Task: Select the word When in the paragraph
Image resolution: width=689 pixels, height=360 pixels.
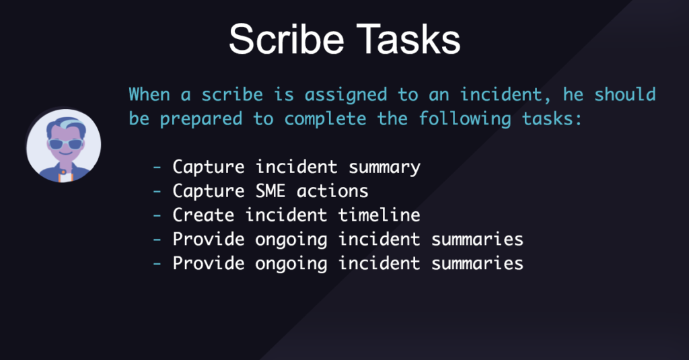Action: (149, 94)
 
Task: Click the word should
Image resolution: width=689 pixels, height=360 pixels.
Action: (625, 94)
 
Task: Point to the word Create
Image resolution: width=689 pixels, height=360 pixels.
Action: (203, 215)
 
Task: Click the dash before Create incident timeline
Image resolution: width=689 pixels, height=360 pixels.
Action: (157, 215)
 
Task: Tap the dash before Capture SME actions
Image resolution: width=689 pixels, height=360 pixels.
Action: (157, 191)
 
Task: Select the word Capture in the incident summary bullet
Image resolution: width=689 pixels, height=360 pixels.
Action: (209, 167)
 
